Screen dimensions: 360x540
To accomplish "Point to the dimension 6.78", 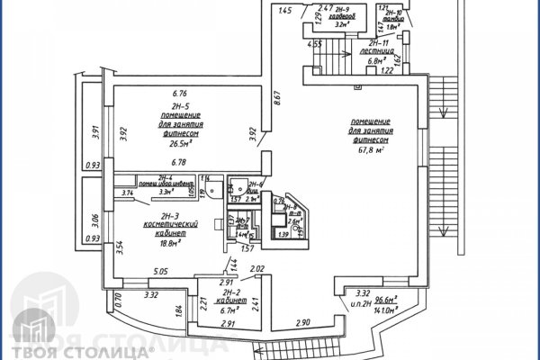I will pyautogui.click(x=178, y=163).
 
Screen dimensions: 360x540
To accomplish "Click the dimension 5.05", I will pyautogui.click(x=161, y=270).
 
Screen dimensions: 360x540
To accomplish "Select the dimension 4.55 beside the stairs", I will pyautogui.click(x=314, y=43).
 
